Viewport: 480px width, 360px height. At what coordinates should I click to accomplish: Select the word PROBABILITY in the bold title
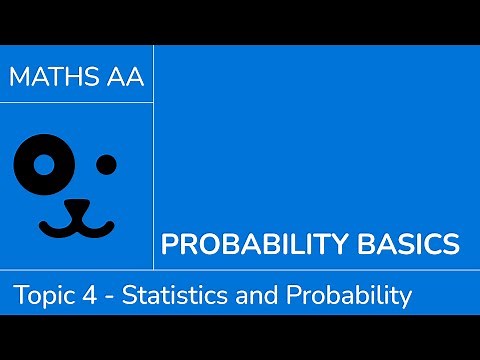241,244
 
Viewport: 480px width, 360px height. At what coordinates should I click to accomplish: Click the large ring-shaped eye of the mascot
43,163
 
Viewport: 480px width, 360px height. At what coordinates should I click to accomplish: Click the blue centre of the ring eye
43,163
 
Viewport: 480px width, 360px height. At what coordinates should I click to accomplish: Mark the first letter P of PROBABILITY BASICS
170,244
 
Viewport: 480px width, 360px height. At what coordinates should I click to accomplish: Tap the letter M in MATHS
18,78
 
